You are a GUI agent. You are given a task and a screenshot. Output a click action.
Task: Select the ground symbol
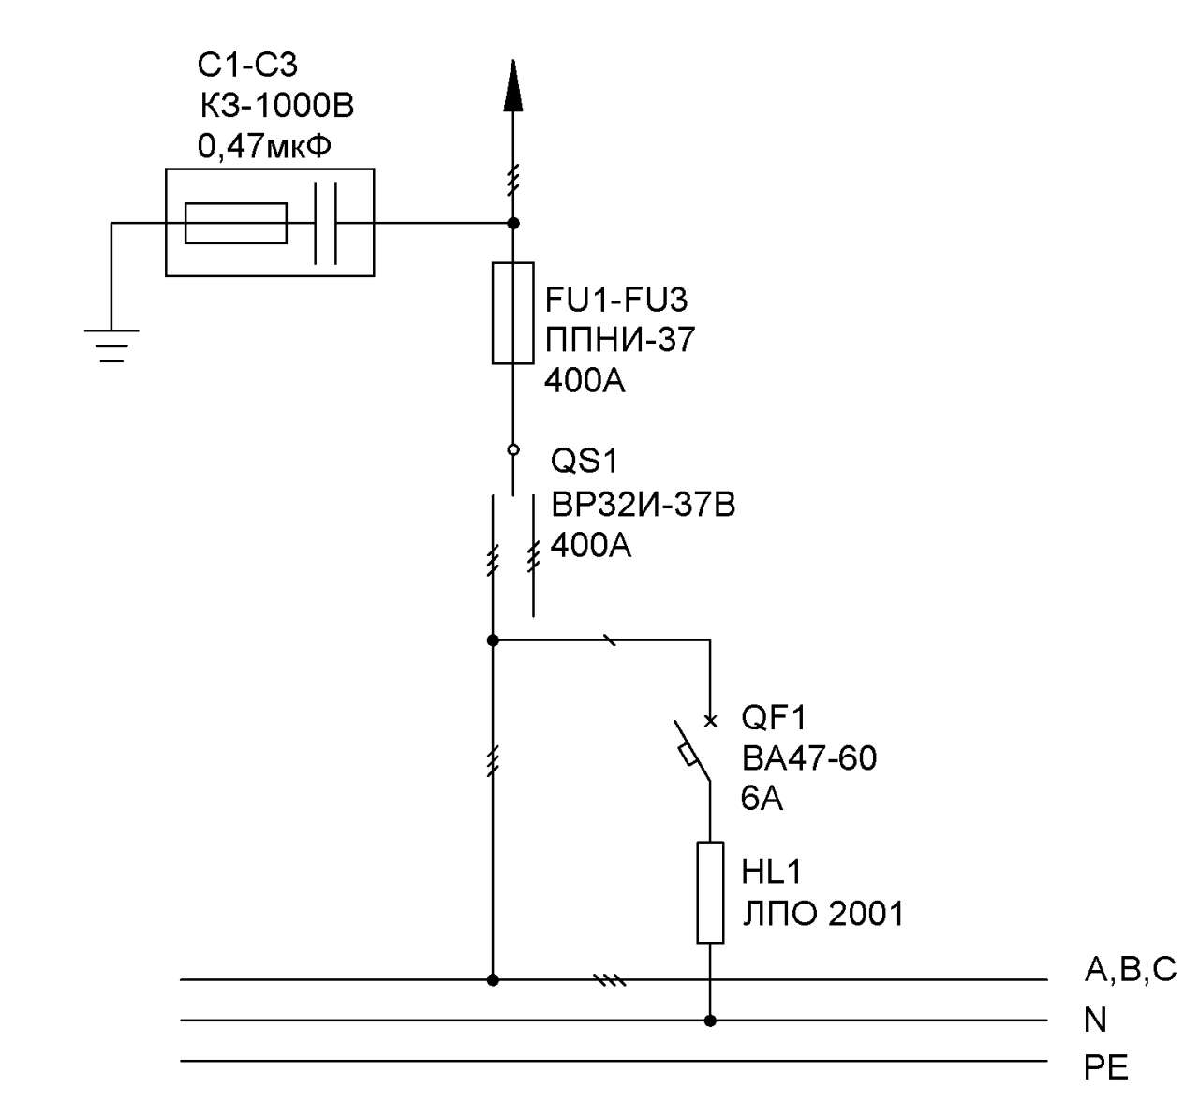pos(111,345)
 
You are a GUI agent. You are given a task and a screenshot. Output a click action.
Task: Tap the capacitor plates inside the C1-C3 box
pos(326,224)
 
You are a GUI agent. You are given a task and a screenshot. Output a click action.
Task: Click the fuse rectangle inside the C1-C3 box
pos(235,224)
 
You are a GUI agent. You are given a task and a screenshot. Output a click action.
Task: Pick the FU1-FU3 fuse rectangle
pos(512,313)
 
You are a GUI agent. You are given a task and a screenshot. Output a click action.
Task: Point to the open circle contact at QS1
pos(512,449)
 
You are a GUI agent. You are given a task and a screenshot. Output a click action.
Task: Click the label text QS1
pos(584,461)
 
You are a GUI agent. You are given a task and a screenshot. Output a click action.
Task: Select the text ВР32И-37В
pos(643,505)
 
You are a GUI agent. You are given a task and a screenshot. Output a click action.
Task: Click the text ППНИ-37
pos(620,340)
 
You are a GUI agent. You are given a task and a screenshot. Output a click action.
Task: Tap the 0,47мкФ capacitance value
pos(264,146)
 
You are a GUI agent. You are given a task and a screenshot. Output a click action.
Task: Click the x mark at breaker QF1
pos(710,721)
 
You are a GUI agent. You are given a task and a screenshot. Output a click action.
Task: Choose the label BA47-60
pos(808,758)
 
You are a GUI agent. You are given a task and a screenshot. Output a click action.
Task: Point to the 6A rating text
pos(762,799)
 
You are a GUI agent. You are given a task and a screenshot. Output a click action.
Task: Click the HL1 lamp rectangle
pos(710,893)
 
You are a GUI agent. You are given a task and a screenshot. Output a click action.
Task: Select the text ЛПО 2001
pos(822,914)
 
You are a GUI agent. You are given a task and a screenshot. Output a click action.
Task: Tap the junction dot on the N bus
pos(710,1021)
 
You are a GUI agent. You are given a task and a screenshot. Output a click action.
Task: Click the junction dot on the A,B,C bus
pos(493,980)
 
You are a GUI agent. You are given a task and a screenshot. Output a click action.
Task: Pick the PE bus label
pos(1105,1068)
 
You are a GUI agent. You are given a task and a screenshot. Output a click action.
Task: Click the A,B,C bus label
pos(1131,970)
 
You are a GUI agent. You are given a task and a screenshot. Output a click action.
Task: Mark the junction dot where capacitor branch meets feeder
pos(512,224)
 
